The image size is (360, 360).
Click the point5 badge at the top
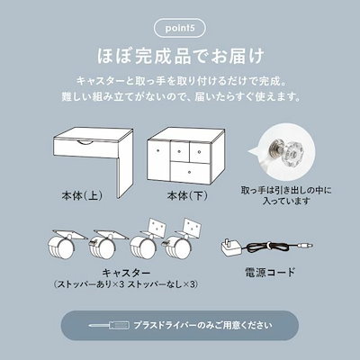178,22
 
